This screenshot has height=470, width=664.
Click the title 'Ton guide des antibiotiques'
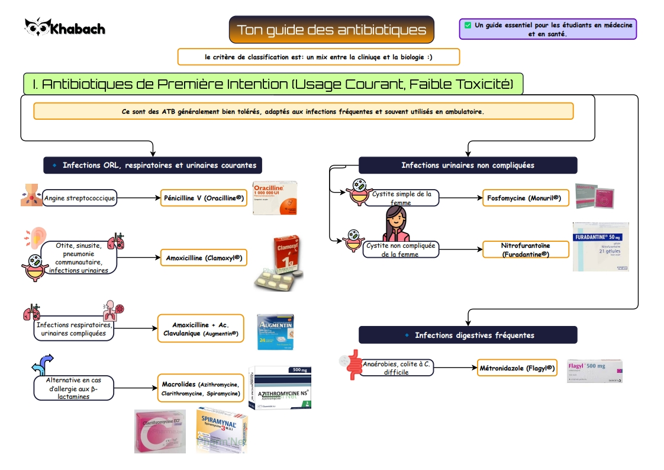click(x=331, y=30)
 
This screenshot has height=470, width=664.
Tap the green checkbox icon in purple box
click(x=468, y=25)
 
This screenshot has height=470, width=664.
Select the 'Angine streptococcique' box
click(x=79, y=198)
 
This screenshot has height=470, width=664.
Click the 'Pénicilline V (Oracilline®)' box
click(x=204, y=198)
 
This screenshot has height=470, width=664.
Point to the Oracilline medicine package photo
click(x=275, y=199)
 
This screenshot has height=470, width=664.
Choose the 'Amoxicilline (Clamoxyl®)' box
click(x=204, y=258)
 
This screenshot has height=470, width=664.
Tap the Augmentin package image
click(x=275, y=332)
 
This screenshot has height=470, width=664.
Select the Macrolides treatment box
click(x=201, y=389)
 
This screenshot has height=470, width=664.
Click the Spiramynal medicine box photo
click(x=221, y=430)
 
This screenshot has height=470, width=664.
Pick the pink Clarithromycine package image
click(x=159, y=431)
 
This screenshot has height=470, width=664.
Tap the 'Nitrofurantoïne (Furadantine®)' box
click(x=526, y=250)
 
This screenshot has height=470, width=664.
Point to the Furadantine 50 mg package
click(x=600, y=247)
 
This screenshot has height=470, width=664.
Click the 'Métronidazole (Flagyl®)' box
click(x=517, y=368)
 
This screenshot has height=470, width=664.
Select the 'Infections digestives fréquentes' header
click(x=468, y=335)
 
